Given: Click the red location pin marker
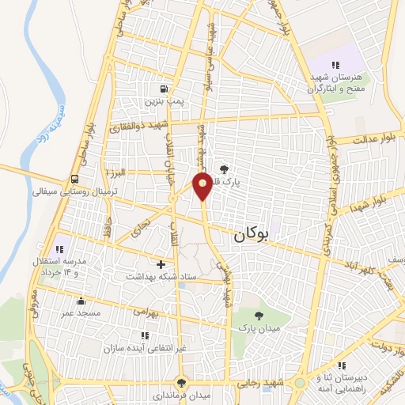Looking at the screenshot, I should point(202,185).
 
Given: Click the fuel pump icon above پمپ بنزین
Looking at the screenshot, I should point(163,89).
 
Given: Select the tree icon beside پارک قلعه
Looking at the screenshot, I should point(224,168).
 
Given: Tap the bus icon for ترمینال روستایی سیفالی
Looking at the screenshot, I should point(74,179).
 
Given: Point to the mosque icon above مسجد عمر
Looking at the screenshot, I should point(80,301).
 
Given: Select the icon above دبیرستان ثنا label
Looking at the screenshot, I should point(341,365).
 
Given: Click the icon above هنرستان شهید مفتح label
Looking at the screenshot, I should point(335,65).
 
